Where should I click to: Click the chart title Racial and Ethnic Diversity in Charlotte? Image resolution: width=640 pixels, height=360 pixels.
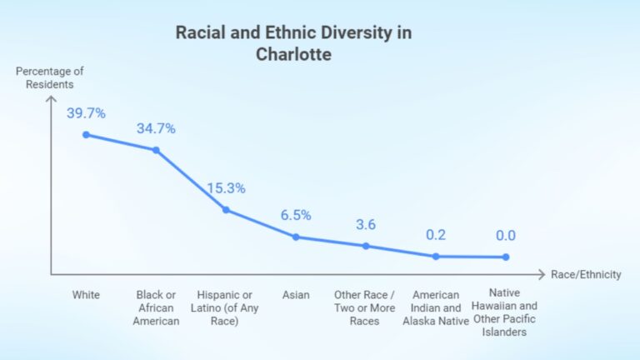[292, 43]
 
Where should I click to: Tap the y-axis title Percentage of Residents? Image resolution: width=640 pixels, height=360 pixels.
[50, 77]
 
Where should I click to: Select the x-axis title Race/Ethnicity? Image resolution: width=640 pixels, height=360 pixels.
[586, 274]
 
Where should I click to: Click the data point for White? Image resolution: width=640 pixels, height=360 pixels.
[85, 134]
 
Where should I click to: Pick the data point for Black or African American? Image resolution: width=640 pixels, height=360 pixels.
[156, 150]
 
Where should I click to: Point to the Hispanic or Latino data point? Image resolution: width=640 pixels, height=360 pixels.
[226, 210]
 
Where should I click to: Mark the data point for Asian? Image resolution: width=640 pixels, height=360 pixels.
[296, 237]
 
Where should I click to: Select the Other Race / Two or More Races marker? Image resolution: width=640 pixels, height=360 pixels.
[366, 246]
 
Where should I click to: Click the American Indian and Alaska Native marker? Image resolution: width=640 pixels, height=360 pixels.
[436, 256]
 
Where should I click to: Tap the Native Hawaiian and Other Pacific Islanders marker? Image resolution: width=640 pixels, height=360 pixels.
[506, 257]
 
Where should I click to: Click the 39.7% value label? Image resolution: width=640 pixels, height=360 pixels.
[86, 112]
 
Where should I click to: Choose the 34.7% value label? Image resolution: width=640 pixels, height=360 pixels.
[156, 128]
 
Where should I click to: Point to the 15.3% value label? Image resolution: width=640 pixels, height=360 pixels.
[226, 188]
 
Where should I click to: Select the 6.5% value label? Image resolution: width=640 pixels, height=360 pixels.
[296, 215]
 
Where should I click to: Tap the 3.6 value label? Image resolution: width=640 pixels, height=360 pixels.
[366, 224]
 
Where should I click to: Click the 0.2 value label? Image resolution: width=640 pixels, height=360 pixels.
[436, 235]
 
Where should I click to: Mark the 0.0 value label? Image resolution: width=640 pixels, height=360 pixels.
[506, 236]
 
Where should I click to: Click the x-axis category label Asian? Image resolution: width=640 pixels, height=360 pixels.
[296, 295]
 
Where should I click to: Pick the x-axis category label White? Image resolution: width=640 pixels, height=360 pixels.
[85, 295]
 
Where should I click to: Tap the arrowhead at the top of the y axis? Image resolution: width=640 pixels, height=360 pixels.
[50, 97]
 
